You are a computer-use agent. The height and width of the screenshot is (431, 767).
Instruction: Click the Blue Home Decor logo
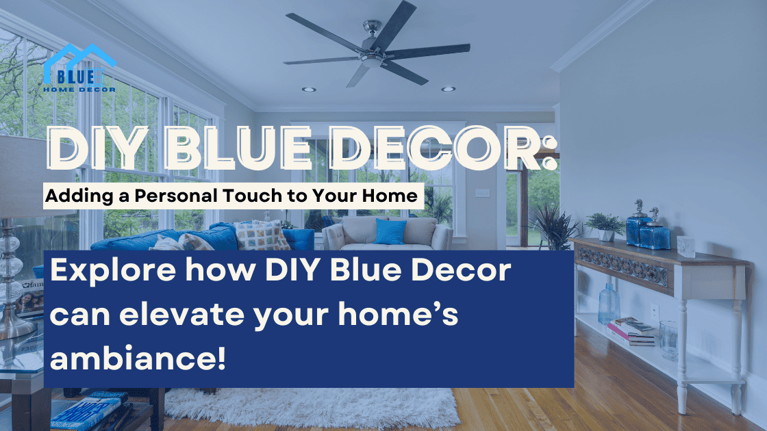point(79,68)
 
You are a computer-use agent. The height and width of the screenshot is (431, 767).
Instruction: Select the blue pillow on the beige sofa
point(391,232)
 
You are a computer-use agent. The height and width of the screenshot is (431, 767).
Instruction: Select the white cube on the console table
point(686,246)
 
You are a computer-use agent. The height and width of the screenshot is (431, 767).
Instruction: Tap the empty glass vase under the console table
point(669,339)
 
